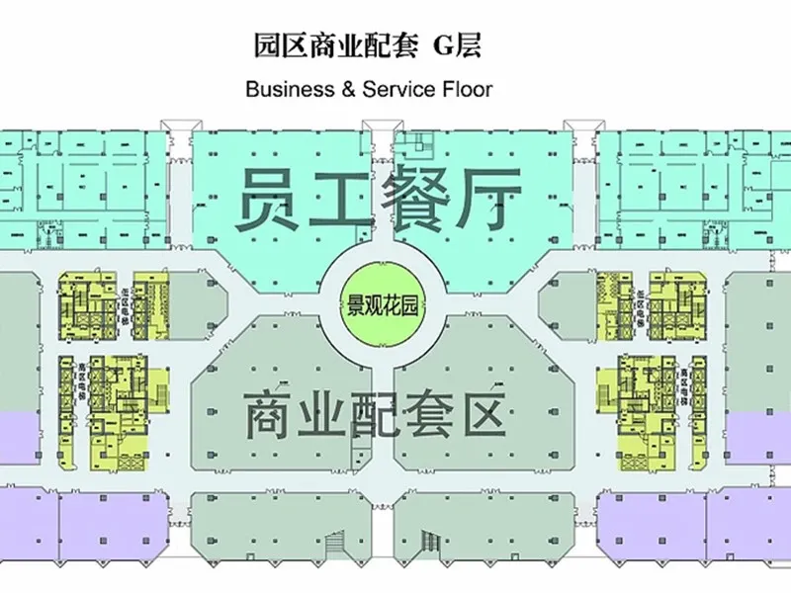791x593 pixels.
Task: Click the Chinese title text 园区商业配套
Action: coord(325,46)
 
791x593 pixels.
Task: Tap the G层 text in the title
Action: coord(458,46)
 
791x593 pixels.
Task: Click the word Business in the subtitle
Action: coord(285,89)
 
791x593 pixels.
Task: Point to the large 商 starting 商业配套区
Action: coord(271,415)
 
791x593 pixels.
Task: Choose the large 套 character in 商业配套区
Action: coord(446,415)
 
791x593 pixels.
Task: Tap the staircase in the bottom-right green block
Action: coord(429,541)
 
